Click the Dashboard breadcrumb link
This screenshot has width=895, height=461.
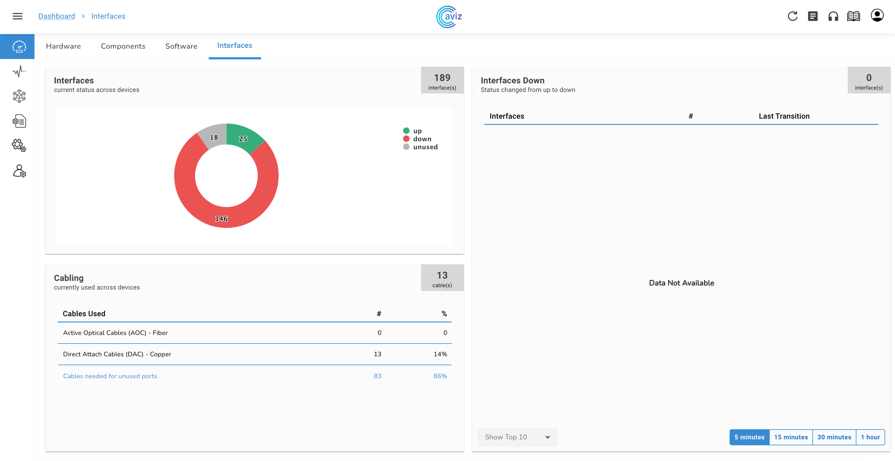click(x=57, y=16)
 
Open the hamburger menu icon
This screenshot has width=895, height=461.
click(x=17, y=16)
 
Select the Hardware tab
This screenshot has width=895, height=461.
click(x=63, y=46)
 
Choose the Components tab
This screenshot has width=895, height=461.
click(x=123, y=46)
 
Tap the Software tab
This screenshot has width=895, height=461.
click(x=181, y=46)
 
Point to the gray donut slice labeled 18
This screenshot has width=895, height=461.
click(x=214, y=137)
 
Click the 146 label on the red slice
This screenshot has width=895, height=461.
click(x=221, y=219)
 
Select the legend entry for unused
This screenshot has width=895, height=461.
click(x=425, y=147)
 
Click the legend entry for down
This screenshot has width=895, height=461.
click(x=422, y=139)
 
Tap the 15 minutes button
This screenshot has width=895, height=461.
click(x=791, y=437)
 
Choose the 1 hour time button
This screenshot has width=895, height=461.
click(x=870, y=437)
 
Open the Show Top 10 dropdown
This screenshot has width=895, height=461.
click(x=517, y=437)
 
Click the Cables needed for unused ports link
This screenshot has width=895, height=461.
click(x=110, y=376)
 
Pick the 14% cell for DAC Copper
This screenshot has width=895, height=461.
click(x=440, y=354)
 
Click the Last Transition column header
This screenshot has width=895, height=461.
click(x=784, y=116)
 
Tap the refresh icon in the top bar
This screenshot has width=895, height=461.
click(x=792, y=16)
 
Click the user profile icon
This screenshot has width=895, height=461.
click(x=877, y=16)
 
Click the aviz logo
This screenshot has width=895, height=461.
click(x=449, y=17)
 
